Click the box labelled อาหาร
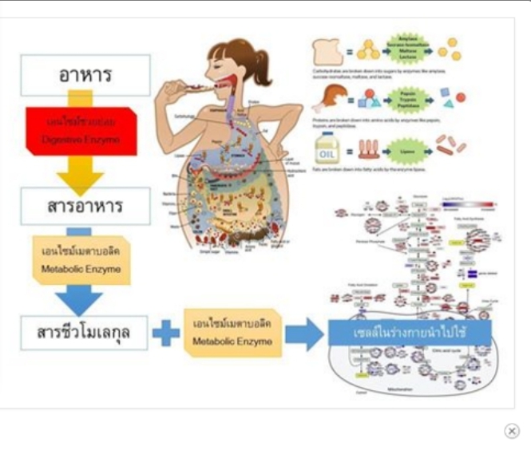coord(85,75)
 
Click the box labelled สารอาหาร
coord(85,206)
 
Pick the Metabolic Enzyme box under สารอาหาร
coord(81,259)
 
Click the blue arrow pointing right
coord(304,334)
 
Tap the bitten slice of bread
coord(327,51)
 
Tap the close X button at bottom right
coord(512,431)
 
